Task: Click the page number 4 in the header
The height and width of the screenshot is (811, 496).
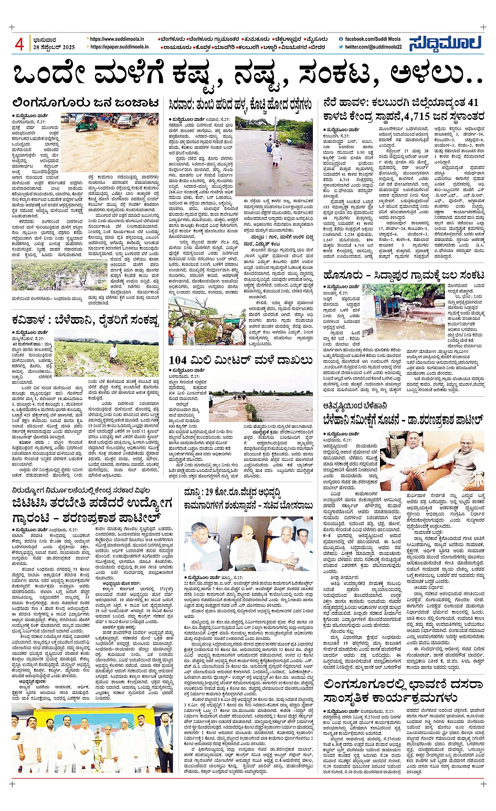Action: (19, 45)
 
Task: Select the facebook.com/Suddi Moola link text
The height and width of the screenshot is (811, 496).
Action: (373, 39)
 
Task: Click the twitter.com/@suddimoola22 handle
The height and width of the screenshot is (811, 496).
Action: (373, 47)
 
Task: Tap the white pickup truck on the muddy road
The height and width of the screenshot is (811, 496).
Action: (126, 121)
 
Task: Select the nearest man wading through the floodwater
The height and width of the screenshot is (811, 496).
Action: (276, 153)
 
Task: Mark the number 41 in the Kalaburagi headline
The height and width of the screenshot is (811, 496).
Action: (473, 102)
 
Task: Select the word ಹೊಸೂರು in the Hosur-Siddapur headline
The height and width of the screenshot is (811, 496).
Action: (347, 275)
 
